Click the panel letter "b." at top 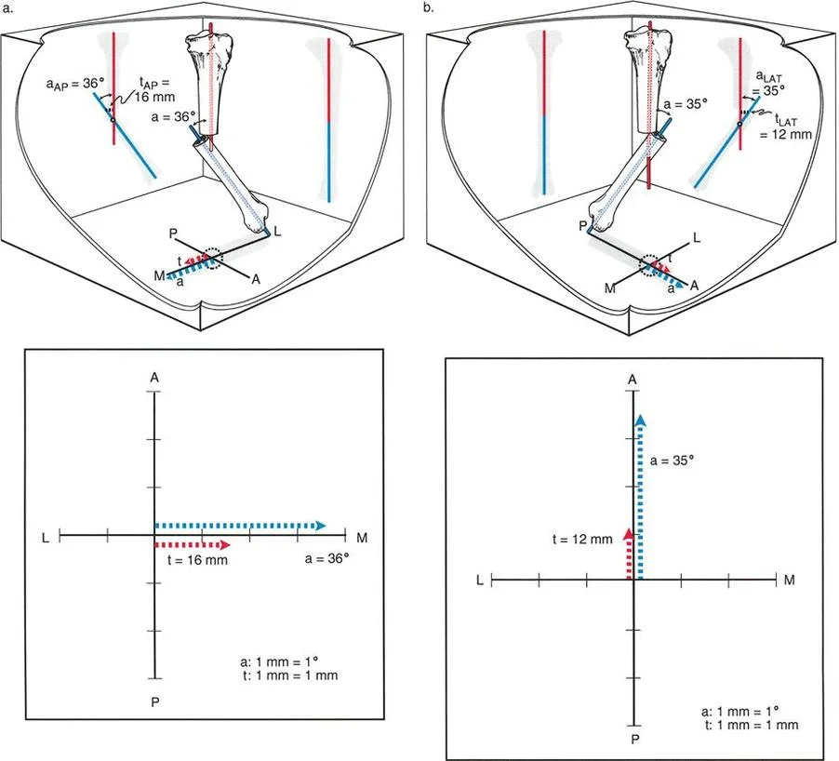point(429,7)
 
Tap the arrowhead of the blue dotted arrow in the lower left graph point(319,526)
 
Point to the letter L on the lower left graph point(45,536)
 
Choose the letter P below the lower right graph point(633,740)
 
